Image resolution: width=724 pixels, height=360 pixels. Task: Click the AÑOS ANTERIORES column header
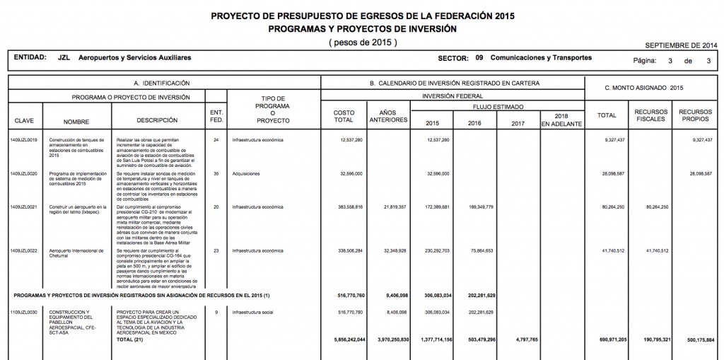(389, 116)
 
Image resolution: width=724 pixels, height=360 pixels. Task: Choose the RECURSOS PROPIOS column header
(696, 116)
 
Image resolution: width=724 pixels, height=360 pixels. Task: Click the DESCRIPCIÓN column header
(157, 121)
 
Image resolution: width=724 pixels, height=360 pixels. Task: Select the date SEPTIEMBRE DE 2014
(684, 44)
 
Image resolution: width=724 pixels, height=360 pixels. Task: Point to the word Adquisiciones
(247, 173)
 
